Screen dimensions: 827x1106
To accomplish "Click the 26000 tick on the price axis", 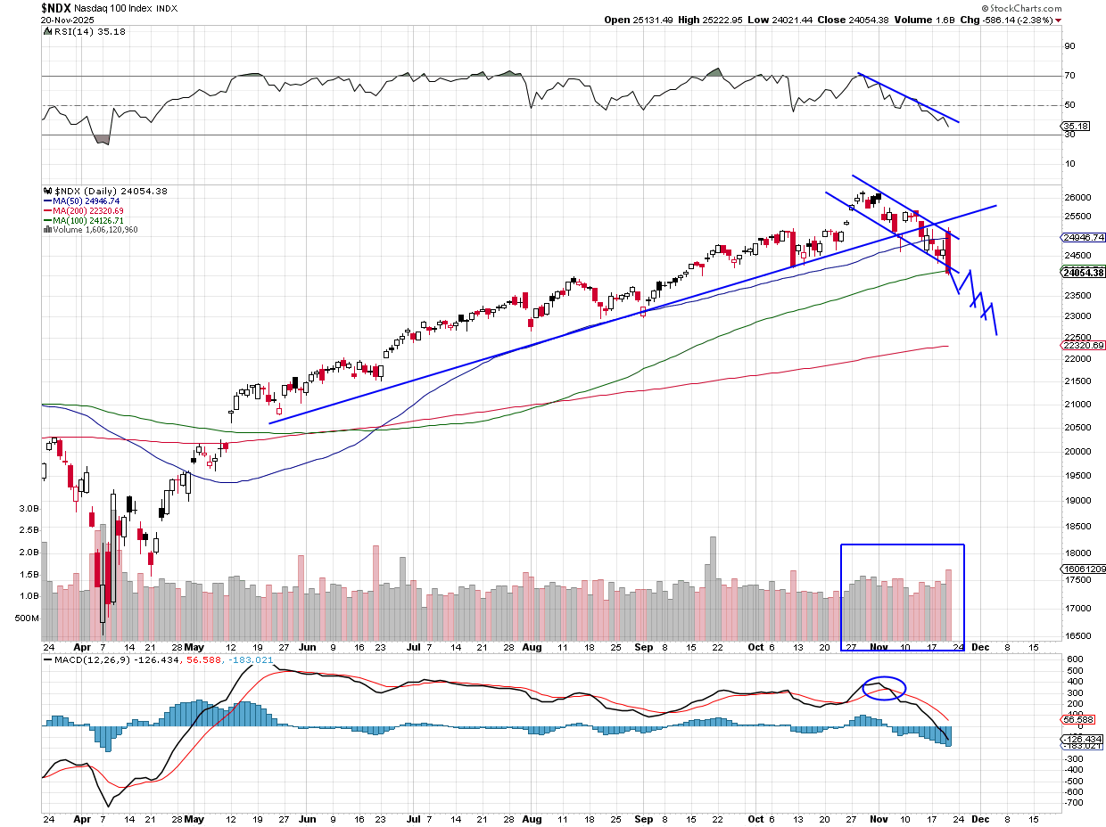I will (x=1077, y=197).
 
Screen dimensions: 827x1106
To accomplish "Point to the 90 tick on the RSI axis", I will (x=1069, y=46).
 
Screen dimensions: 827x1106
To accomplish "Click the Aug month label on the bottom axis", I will (x=532, y=817).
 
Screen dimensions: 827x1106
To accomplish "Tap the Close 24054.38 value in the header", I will (x=857, y=20).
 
